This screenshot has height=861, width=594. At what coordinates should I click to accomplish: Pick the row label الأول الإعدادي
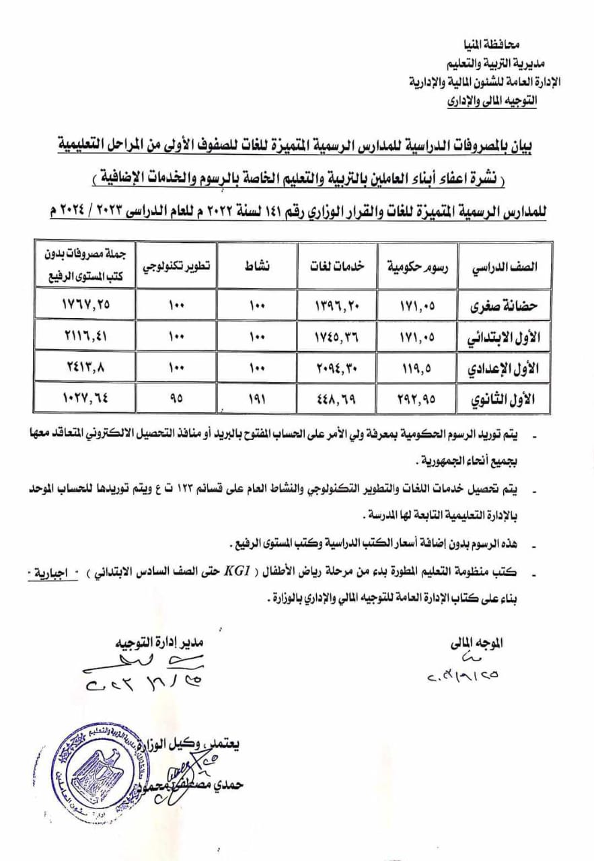(x=507, y=367)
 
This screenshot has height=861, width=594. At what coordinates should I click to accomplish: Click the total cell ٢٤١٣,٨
(x=83, y=367)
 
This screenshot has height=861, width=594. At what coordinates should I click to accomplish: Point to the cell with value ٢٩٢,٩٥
(x=419, y=398)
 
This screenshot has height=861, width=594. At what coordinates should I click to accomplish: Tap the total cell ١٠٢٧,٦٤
(x=83, y=398)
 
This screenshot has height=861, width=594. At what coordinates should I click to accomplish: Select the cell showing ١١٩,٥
(x=419, y=367)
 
